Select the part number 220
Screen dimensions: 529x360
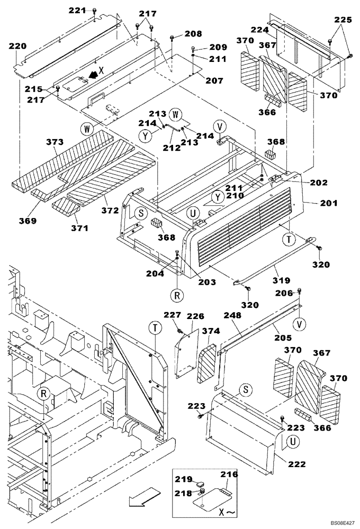click(x=17, y=47)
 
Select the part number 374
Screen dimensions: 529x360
click(x=210, y=331)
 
